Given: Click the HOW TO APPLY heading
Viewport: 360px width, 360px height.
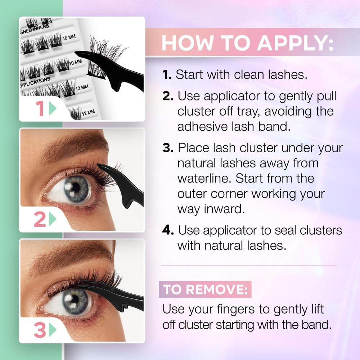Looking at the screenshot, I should (x=248, y=43).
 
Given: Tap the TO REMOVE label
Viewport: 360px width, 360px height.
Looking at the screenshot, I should (x=205, y=290).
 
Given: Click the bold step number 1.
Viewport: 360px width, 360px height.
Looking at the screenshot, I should (x=166, y=75).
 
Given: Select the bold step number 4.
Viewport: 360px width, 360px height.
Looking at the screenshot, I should (x=168, y=230).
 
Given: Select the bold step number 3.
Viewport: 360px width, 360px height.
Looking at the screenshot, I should (x=168, y=148).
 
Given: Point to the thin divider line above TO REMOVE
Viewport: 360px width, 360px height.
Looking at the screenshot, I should (x=248, y=266).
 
